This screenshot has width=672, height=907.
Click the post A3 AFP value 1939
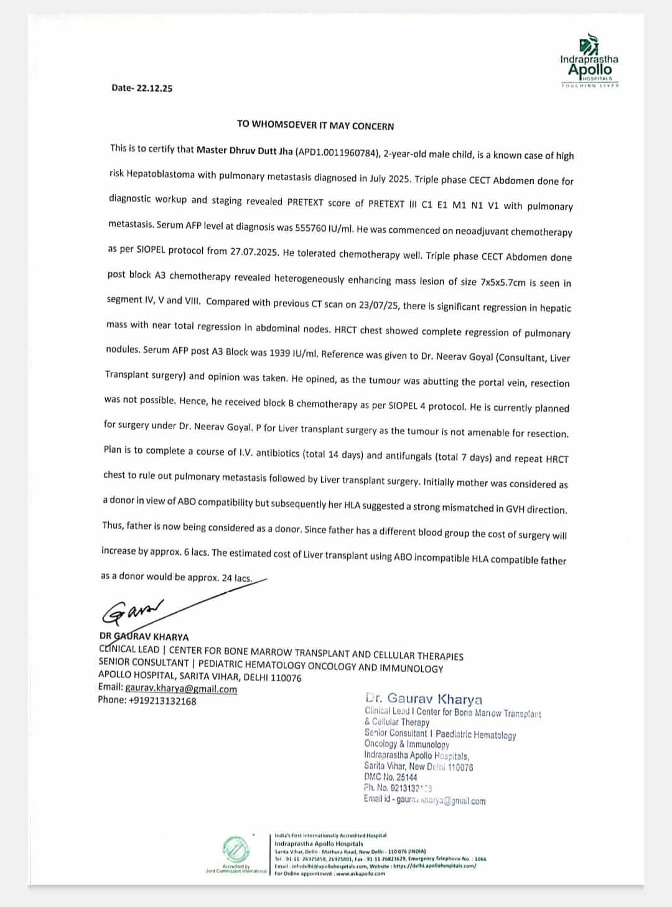coord(282,352)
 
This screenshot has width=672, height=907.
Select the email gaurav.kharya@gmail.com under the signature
coord(181,689)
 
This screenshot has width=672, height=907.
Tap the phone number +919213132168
coord(162,700)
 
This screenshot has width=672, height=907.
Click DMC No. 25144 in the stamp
coord(391,777)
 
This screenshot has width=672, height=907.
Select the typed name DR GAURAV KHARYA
coord(144,637)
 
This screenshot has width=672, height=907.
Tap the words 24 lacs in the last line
coord(236,578)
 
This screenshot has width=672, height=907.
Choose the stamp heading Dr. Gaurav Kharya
coord(423,699)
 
